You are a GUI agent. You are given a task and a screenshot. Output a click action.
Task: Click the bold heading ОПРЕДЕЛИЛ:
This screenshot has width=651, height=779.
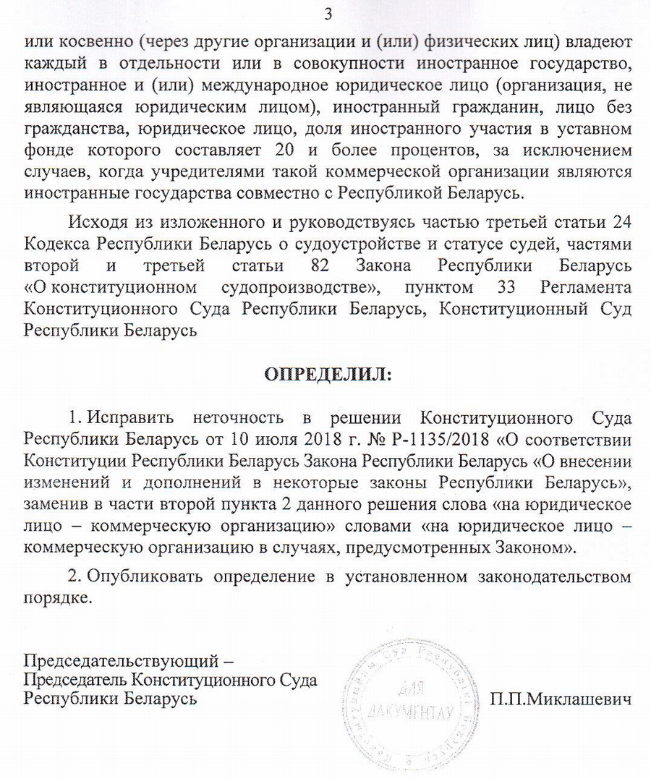tap(328, 375)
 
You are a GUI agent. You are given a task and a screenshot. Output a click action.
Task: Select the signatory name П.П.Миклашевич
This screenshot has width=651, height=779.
tap(561, 699)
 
